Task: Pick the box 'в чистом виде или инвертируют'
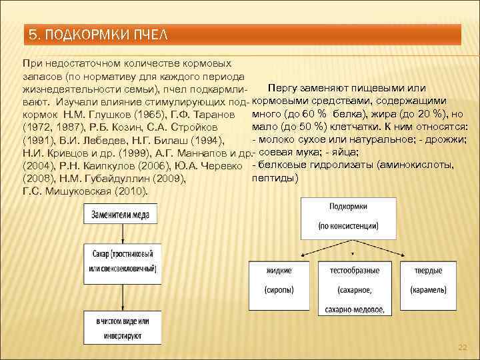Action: pyautogui.click(x=121, y=327)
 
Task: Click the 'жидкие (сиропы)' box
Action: pyautogui.click(x=279, y=281)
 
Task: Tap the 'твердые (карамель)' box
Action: pyautogui.click(x=427, y=281)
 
